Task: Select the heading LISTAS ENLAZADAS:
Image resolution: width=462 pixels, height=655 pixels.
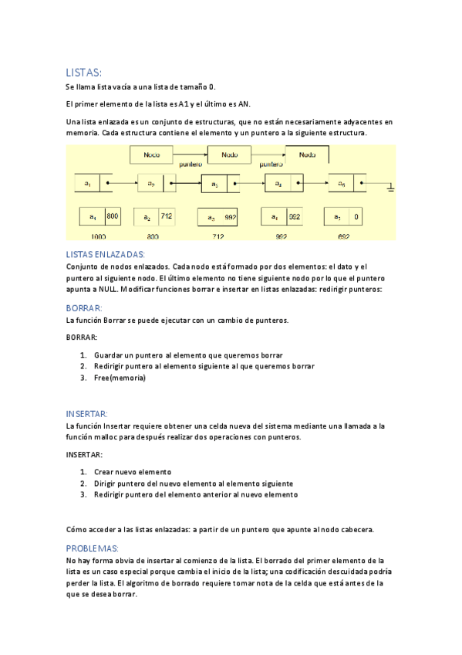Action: pos(106,254)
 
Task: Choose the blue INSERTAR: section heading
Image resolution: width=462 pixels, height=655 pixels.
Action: pos(86,413)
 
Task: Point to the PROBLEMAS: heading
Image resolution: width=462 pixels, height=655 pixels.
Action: pos(93,548)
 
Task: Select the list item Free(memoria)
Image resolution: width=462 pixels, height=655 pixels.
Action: pos(120,378)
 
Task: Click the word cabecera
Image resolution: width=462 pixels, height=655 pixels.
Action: pos(356,529)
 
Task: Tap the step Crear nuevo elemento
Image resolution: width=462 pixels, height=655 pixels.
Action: pos(132,471)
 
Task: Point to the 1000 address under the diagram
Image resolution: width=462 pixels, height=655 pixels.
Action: pos(98,236)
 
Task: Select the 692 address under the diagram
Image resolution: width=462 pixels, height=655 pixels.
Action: pos(343,236)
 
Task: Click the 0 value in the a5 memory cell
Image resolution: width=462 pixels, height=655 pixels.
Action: pos(357,217)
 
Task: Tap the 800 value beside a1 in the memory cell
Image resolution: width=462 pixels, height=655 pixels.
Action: pos(112,217)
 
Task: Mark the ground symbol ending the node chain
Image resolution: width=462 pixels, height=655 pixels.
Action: pos(391,186)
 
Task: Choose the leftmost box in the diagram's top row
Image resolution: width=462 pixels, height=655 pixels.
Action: pos(151,155)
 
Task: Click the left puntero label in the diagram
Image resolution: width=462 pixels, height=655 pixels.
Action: pos(191,165)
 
